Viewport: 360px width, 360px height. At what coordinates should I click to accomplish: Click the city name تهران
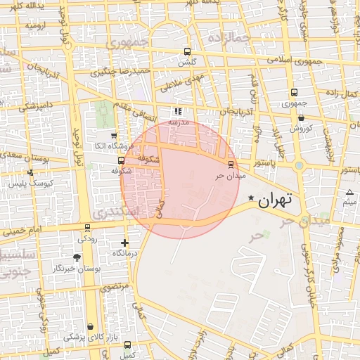[x=275, y=200]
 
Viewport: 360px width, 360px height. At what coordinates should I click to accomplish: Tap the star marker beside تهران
[x=251, y=200]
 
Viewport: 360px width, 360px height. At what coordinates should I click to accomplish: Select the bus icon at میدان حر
[x=231, y=165]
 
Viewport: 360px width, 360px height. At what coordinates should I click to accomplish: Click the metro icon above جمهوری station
[x=294, y=92]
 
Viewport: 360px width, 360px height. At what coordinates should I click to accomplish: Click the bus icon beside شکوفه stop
[x=121, y=160]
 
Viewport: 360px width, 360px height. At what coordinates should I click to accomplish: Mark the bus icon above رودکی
[x=87, y=227]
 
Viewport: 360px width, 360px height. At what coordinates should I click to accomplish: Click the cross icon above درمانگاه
[x=125, y=243]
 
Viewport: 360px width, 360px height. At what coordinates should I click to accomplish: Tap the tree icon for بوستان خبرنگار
[x=77, y=258]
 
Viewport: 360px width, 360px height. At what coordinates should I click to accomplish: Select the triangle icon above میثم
[x=349, y=192]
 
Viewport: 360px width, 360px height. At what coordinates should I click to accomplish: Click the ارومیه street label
[x=39, y=25]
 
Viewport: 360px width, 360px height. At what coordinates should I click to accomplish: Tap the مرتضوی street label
[x=114, y=287]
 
